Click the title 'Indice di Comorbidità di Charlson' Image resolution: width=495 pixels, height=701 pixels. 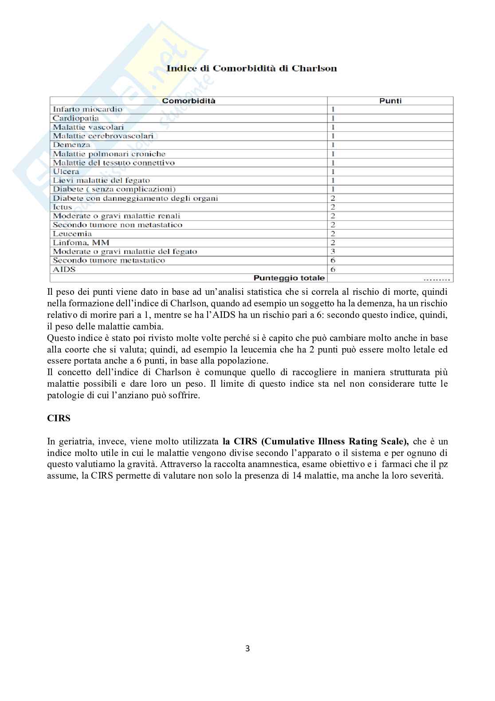(x=251, y=68)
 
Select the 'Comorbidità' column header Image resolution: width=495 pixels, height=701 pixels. (x=189, y=101)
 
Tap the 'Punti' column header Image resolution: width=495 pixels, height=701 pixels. (x=390, y=101)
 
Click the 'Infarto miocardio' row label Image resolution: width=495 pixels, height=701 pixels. (x=87, y=109)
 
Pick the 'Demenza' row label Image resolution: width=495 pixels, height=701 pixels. (x=71, y=145)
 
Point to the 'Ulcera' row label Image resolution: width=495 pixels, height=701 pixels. (x=66, y=171)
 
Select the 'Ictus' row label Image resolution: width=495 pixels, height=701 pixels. (x=63, y=207)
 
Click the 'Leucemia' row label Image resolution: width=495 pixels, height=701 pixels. (x=72, y=234)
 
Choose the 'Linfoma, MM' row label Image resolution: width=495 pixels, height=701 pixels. (x=81, y=242)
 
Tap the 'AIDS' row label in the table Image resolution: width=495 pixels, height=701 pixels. (x=64, y=269)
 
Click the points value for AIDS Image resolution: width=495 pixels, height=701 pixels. (x=333, y=269)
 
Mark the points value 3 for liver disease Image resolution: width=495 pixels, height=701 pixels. (x=333, y=251)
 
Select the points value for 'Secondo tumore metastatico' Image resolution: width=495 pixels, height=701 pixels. (x=333, y=260)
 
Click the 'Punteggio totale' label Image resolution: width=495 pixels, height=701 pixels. (x=289, y=278)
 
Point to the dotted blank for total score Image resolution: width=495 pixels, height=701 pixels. (x=437, y=279)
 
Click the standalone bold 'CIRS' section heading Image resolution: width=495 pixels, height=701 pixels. (x=59, y=418)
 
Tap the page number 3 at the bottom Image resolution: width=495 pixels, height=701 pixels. (x=247, y=649)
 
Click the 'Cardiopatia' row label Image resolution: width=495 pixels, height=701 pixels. (x=76, y=118)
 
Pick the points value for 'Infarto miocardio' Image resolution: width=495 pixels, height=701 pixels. (x=333, y=109)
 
